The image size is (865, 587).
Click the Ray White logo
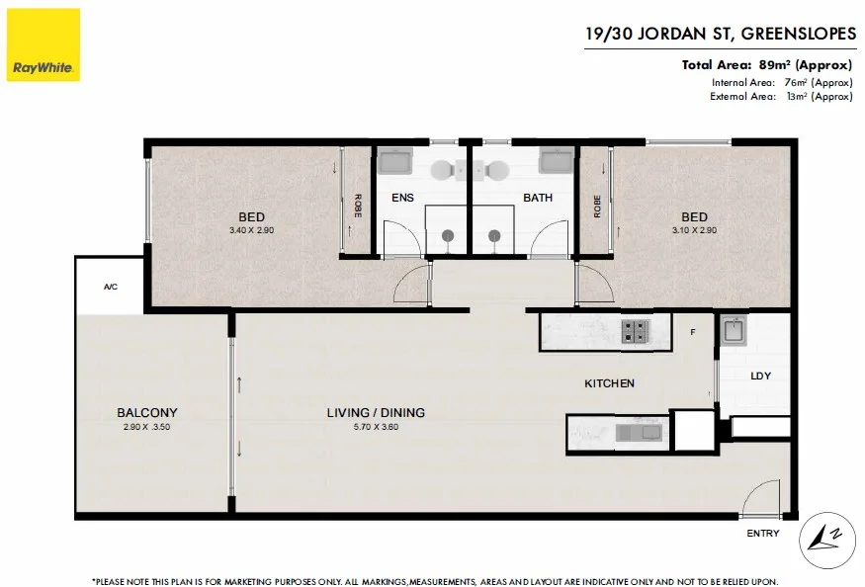[43, 44]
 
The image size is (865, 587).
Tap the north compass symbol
[826, 541]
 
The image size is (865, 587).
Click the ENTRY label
[763, 533]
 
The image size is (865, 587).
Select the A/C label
[111, 287]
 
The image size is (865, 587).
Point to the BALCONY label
[147, 412]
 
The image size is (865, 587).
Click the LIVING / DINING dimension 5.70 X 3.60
[376, 427]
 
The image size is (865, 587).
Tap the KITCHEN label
[609, 382]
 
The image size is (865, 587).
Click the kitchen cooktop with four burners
[635, 331]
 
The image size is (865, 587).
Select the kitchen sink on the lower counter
[639, 433]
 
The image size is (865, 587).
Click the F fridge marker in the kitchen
[693, 332]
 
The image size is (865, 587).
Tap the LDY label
[761, 376]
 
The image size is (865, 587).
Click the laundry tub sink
[734, 330]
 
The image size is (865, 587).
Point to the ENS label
[402, 198]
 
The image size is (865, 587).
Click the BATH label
[538, 198]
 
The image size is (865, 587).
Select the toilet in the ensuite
[442, 170]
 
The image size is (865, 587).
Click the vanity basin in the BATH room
[556, 161]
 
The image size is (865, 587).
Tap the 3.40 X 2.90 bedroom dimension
[251, 230]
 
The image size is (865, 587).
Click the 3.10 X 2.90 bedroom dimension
[694, 230]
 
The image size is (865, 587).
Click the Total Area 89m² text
[767, 65]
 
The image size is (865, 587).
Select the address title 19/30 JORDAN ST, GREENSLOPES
[721, 34]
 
